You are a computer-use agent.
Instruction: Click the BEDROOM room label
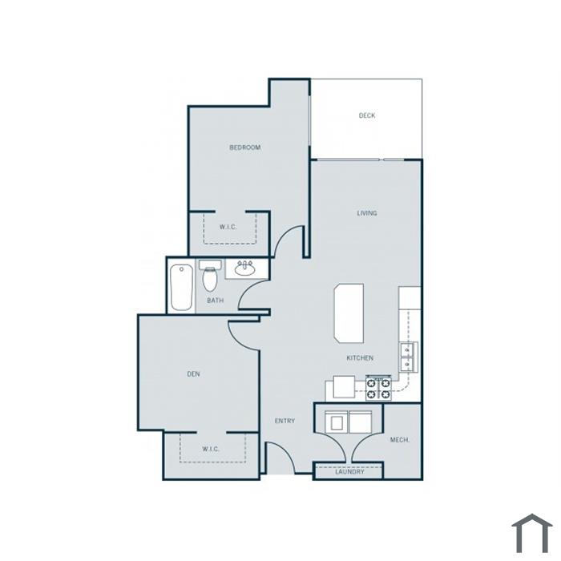pos(245,147)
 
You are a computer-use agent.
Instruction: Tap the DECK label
pos(367,115)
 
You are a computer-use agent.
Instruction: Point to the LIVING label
pos(367,213)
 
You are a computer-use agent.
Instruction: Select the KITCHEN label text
pos(360,357)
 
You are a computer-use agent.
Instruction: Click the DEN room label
pos(194,374)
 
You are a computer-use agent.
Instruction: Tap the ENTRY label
pos(285,421)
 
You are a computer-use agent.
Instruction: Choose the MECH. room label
pos(400,440)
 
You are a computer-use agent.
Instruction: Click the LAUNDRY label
pos(349,471)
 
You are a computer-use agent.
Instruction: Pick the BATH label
pos(216,301)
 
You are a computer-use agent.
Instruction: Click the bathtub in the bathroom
pos(182,287)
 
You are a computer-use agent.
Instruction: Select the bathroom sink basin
pos(244,268)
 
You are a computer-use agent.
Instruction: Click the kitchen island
pos(349,314)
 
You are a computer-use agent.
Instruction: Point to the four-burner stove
pos(378,389)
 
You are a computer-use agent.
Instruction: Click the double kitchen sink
pos(408,356)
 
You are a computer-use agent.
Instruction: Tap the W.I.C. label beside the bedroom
pos(228,227)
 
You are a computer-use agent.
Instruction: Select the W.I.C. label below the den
pos(211,449)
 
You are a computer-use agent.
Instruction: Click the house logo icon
pos(532,533)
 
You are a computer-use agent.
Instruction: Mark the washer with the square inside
pos(337,422)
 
